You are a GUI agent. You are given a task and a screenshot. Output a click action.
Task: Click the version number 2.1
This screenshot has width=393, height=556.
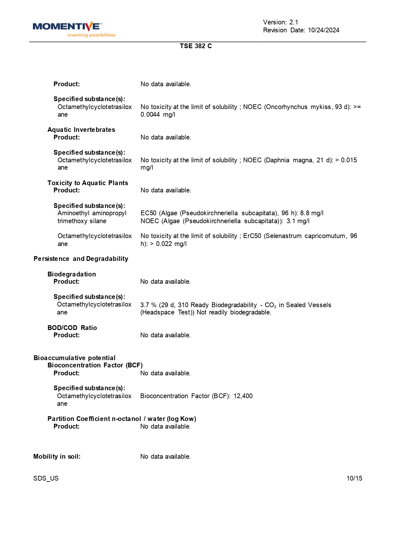pyautogui.click(x=294, y=22)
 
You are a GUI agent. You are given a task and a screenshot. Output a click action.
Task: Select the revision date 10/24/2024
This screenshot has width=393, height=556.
pyautogui.click(x=323, y=30)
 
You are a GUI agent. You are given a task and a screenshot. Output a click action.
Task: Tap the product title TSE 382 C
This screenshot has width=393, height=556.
pyautogui.click(x=196, y=46)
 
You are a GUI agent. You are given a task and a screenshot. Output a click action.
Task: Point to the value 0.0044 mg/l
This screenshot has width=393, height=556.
pyautogui.click(x=158, y=114)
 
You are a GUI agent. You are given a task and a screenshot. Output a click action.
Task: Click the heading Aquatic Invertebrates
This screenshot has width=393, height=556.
pyautogui.click(x=81, y=130)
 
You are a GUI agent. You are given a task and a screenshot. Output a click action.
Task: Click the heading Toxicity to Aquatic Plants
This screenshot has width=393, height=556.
pyautogui.click(x=88, y=183)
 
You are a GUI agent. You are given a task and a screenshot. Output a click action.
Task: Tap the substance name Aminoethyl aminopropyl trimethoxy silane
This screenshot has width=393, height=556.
pyautogui.click(x=92, y=217)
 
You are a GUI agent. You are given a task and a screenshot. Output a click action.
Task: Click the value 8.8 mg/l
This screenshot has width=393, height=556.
pyautogui.click(x=312, y=213)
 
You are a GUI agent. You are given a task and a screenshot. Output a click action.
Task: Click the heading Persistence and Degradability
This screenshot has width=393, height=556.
pyautogui.click(x=81, y=259)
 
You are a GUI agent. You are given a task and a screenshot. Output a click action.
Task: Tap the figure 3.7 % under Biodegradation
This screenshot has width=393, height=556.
pyautogui.click(x=148, y=305)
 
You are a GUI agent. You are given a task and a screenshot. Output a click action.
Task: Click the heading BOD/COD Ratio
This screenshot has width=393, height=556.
pyautogui.click(x=72, y=328)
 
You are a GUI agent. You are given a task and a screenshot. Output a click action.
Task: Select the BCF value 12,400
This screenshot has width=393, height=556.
pyautogui.click(x=243, y=396)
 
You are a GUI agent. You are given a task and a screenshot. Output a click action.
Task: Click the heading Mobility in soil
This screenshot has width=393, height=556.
pyautogui.click(x=57, y=456)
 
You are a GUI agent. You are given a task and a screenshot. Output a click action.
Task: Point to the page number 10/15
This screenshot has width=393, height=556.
pyautogui.click(x=354, y=478)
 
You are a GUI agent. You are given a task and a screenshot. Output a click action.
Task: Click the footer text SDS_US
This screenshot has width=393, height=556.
pyautogui.click(x=46, y=478)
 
